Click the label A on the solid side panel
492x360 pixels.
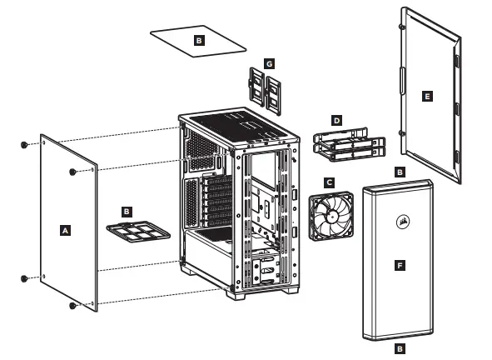66,227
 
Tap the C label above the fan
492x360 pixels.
330,182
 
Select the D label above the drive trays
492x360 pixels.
336,121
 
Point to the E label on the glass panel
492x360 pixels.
427,97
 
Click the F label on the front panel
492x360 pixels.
400,265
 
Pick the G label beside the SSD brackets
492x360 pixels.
268,63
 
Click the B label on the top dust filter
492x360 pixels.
198,39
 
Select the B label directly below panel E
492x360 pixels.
400,172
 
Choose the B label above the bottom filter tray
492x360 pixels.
127,212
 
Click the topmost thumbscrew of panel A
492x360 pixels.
24,145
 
